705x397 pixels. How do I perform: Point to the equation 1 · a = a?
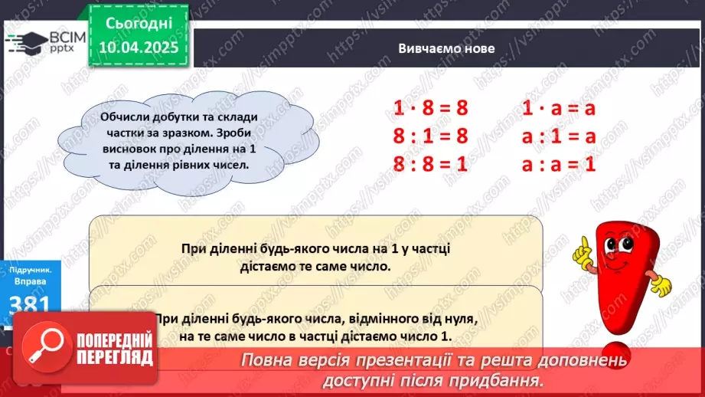[559, 109]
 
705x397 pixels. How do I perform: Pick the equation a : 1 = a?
[559, 136]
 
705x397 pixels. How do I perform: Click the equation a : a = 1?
[559, 164]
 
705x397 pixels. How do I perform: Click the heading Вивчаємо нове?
[446, 48]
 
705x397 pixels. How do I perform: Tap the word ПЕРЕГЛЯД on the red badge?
[116, 359]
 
